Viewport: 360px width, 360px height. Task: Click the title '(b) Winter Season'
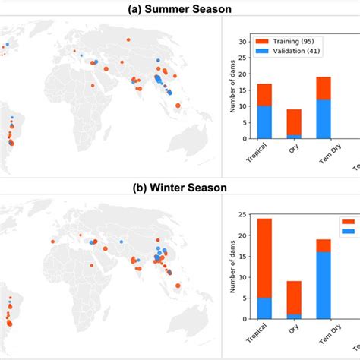pos(180,186)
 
